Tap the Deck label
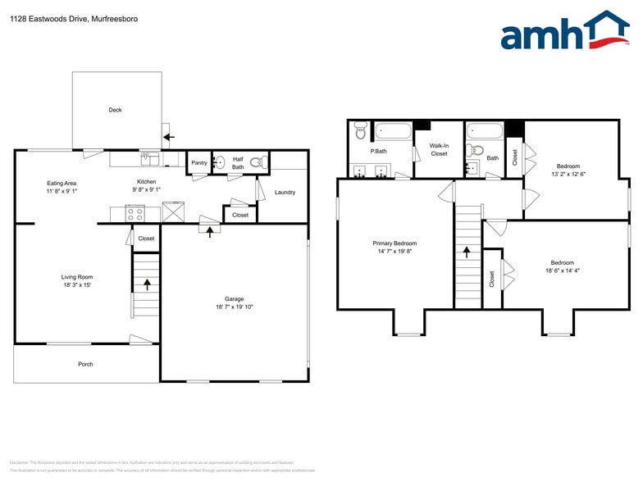[116, 110]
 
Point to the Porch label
[85, 364]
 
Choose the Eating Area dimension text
[62, 191]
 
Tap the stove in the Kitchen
[135, 214]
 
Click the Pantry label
[199, 162]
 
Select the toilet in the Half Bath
[255, 161]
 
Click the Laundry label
[285, 193]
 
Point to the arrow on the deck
[168, 137]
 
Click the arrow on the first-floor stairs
[148, 284]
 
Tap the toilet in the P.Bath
[361, 131]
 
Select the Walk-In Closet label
[439, 149]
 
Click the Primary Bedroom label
[394, 243]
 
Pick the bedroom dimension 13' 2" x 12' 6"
[568, 174]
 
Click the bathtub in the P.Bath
[394, 130]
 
